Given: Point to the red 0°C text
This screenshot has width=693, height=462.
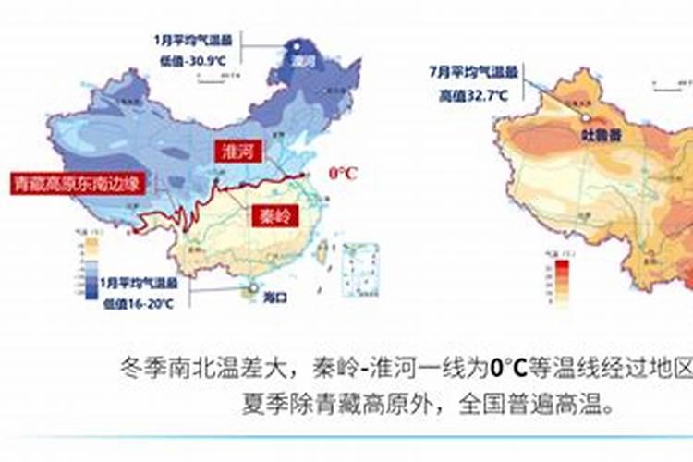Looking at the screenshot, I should (x=343, y=173).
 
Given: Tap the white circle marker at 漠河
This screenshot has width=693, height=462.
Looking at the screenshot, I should (x=297, y=43).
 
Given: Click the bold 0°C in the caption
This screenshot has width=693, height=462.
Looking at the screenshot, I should (x=507, y=368).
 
